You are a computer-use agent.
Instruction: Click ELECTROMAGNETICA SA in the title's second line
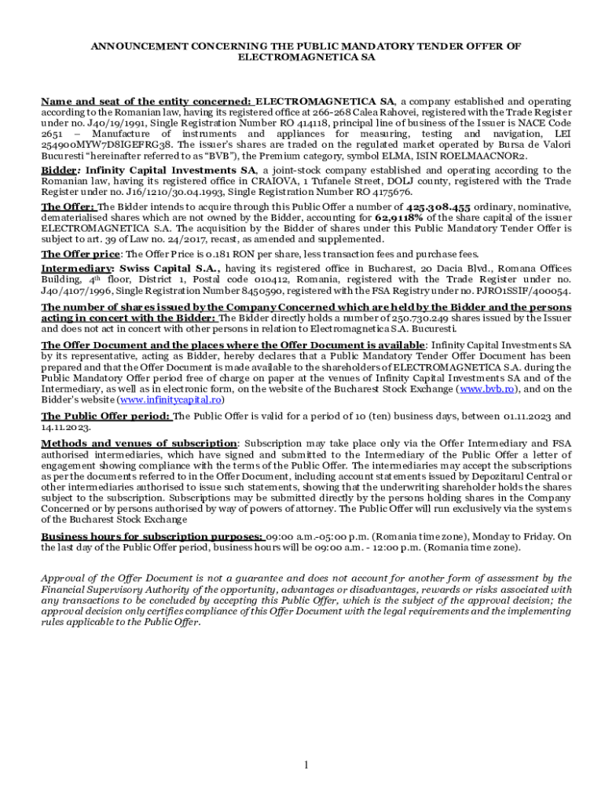pos(306,57)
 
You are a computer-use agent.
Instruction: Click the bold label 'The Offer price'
pos(81,254)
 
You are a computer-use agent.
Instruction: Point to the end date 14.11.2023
pos(66,428)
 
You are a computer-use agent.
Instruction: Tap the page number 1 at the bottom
pos(306,765)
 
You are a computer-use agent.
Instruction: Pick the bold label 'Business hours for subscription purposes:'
pos(152,536)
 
